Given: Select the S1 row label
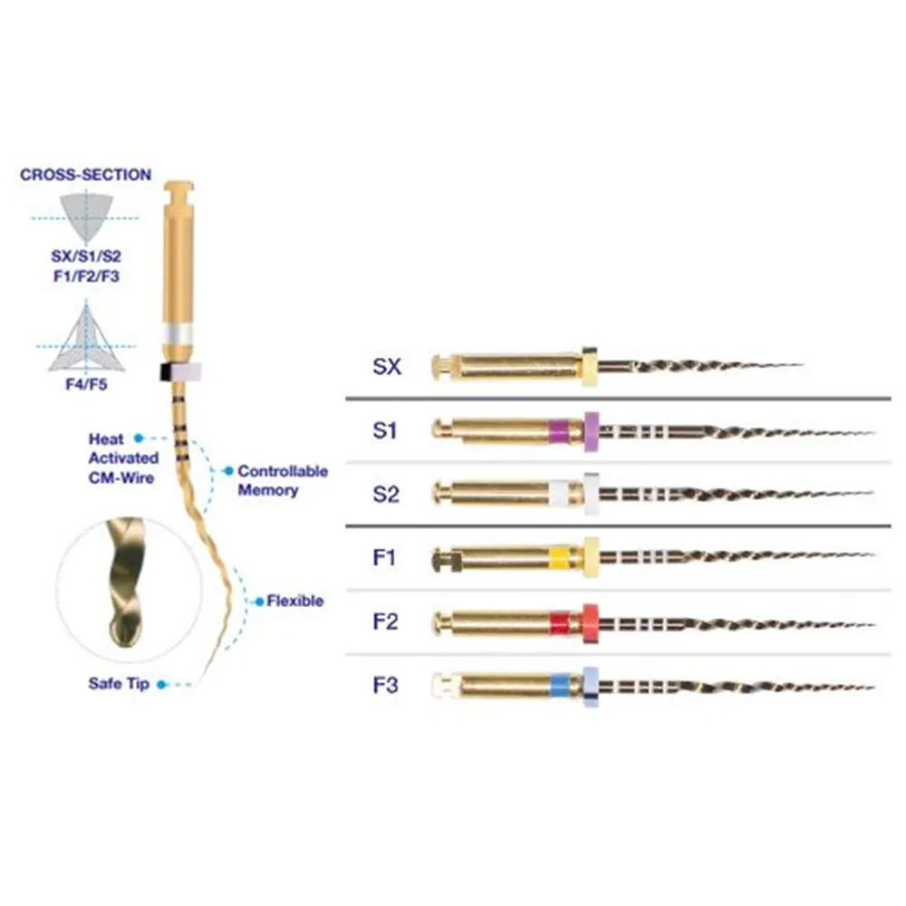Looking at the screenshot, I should [x=385, y=430].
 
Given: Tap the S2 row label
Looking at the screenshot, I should [x=385, y=494].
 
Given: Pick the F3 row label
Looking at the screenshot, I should [x=385, y=685].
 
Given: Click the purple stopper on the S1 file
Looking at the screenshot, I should [x=593, y=429].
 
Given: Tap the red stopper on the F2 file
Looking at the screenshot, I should [x=590, y=622].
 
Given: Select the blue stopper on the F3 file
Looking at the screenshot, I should [x=591, y=686].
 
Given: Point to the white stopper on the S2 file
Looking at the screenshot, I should [x=592, y=494].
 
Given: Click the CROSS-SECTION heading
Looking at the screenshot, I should [x=86, y=175].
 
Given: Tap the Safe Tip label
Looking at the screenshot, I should [x=119, y=684].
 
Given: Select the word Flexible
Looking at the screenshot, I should [x=294, y=601].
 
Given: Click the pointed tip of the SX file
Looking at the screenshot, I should [x=800, y=366].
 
